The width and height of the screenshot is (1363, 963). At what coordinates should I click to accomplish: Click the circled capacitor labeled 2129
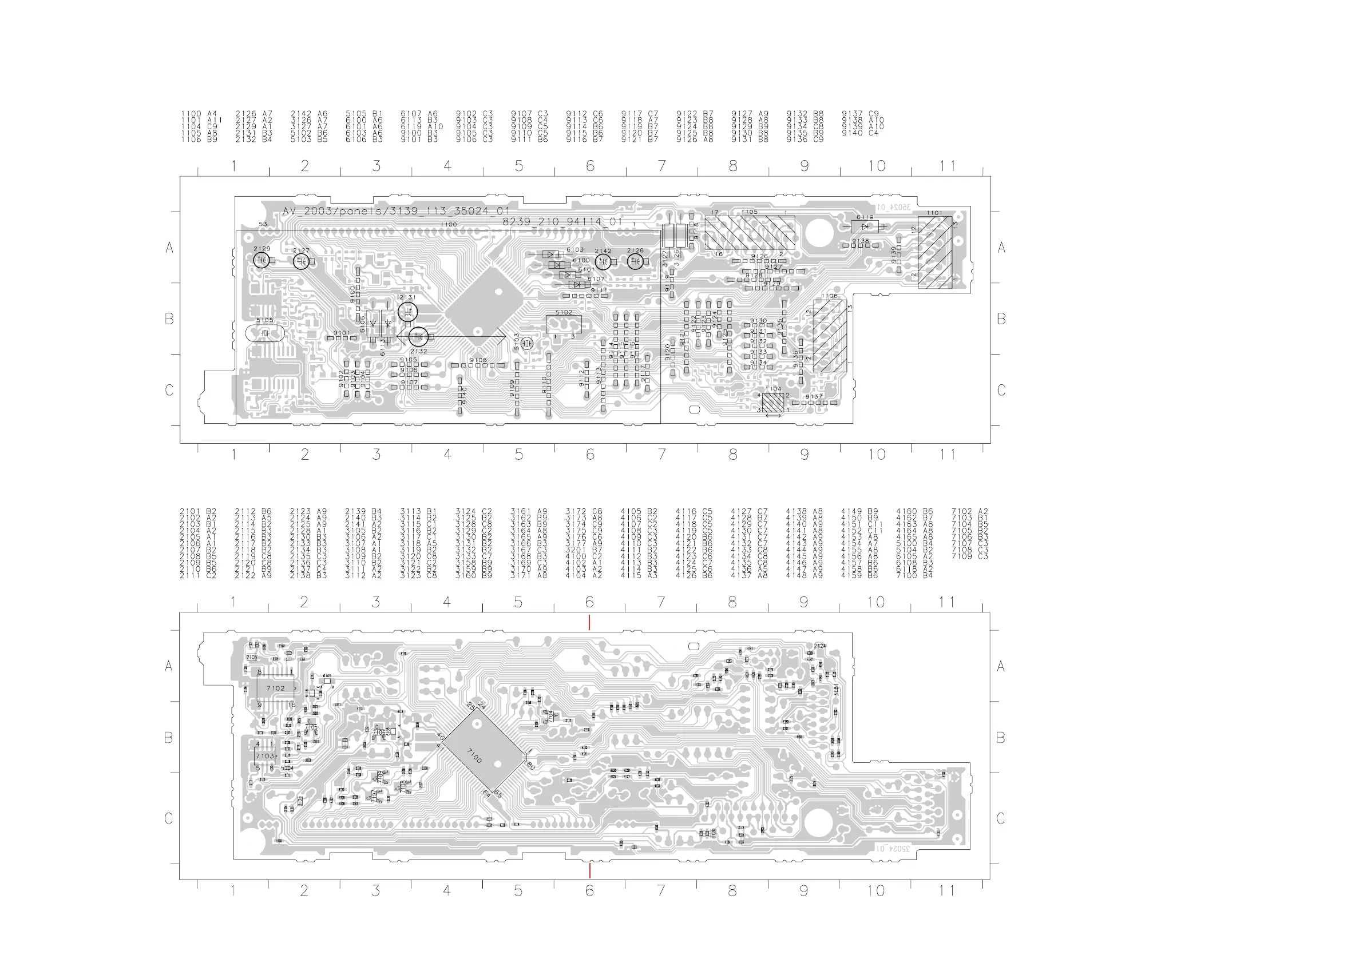(261, 260)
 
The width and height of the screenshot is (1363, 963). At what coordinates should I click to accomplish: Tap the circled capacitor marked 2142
(603, 261)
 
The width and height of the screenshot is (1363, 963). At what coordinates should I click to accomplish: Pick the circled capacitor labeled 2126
(635, 261)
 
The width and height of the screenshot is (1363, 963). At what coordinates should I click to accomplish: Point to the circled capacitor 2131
(408, 311)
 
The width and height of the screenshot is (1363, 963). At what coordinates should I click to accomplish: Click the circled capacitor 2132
(418, 337)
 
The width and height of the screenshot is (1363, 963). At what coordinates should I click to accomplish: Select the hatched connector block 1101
(935, 252)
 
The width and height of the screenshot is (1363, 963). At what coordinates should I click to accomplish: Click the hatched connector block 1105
(750, 232)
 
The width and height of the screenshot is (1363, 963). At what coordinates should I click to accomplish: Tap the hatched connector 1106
(830, 336)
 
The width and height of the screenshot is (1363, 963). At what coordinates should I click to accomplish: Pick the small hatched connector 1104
(773, 403)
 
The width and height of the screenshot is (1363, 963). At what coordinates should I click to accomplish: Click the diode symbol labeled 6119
(865, 226)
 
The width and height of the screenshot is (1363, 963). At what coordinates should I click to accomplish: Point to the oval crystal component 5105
(265, 333)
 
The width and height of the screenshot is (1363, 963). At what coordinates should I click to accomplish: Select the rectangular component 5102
(564, 325)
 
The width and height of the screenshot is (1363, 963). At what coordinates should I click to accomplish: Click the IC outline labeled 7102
(276, 689)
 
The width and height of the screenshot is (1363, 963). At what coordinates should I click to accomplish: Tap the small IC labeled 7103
(265, 756)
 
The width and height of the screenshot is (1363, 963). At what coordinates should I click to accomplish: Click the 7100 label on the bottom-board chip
(474, 755)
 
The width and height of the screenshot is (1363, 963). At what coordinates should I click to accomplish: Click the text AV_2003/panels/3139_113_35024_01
(396, 211)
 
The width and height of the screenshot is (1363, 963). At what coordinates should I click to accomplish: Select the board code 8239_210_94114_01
(562, 222)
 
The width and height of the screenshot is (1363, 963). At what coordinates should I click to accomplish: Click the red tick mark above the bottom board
(589, 622)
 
